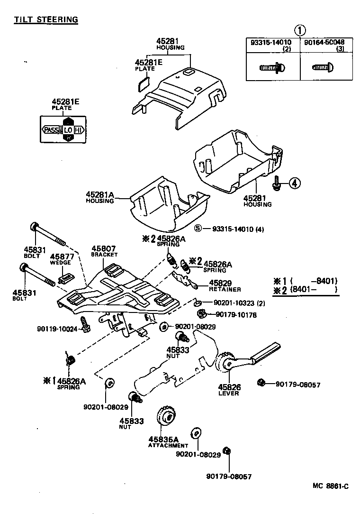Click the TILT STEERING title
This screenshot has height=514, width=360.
click(45, 19)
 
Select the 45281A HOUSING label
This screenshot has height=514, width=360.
click(100, 197)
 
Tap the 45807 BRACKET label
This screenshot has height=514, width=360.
click(104, 251)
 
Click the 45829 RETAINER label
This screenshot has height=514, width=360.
click(224, 286)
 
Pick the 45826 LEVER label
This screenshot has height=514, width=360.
click(229, 390)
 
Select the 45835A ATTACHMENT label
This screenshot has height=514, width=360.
click(168, 441)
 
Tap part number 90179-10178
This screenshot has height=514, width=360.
click(236, 314)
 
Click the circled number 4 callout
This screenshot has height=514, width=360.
click(294, 183)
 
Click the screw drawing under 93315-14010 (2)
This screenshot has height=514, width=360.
click(272, 68)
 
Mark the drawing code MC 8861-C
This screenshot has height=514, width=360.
click(330, 486)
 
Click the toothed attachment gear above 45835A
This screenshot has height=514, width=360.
click(166, 416)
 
